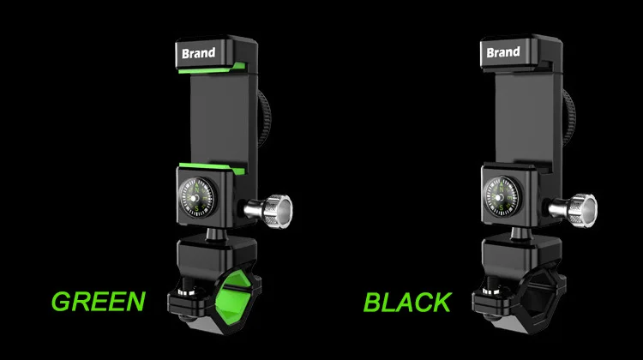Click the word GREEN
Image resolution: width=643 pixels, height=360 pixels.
(x=99, y=302)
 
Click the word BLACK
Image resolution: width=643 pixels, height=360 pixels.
(x=407, y=303)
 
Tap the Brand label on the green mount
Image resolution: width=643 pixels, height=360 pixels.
(x=199, y=53)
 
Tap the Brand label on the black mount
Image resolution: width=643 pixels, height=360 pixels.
(x=503, y=52)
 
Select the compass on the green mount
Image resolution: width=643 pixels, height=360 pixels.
(x=197, y=197)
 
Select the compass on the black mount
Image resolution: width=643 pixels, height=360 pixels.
(x=502, y=196)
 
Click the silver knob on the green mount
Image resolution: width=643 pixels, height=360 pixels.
(x=268, y=211)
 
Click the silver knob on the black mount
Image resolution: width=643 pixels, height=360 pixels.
(x=574, y=210)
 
